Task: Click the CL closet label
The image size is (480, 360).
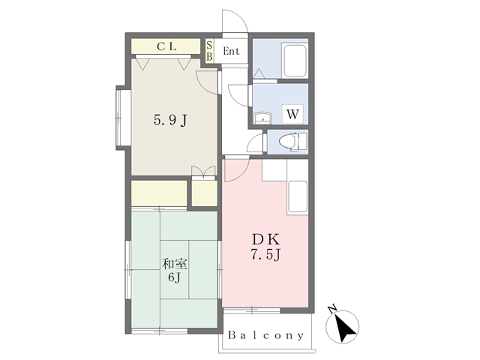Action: point(166,46)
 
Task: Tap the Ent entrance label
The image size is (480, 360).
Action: point(231,51)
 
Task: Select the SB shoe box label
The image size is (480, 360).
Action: point(209,51)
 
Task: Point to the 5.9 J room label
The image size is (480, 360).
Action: point(170,120)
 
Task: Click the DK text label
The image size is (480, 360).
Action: point(265,239)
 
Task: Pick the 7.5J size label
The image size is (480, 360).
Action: point(265,254)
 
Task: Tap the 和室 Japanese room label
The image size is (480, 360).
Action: point(175,264)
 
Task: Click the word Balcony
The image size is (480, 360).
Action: point(265,335)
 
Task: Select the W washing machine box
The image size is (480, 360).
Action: point(292,114)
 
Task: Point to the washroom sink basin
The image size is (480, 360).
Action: point(262,118)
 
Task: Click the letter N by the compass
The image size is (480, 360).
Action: point(331,308)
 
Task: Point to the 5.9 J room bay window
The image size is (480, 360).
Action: point(121,118)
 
